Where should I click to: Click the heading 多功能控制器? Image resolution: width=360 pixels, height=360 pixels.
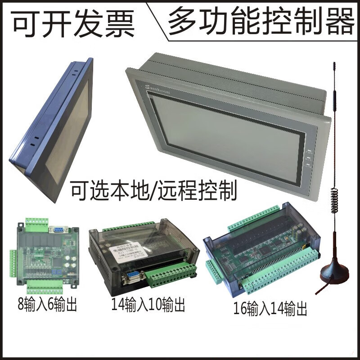[x=261, y=21]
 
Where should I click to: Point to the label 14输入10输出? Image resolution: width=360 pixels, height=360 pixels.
[x=148, y=306]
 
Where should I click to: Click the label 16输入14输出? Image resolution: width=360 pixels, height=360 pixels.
[x=270, y=309]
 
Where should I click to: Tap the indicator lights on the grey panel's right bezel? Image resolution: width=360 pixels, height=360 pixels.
[x=309, y=158]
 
